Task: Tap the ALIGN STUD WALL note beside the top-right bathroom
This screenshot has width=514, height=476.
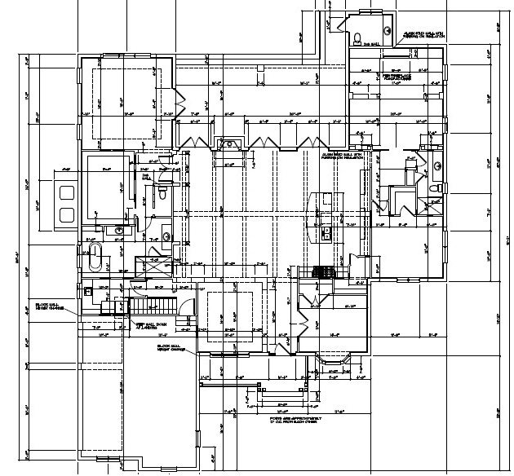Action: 424,35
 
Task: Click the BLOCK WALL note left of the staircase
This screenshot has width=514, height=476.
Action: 49,306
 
